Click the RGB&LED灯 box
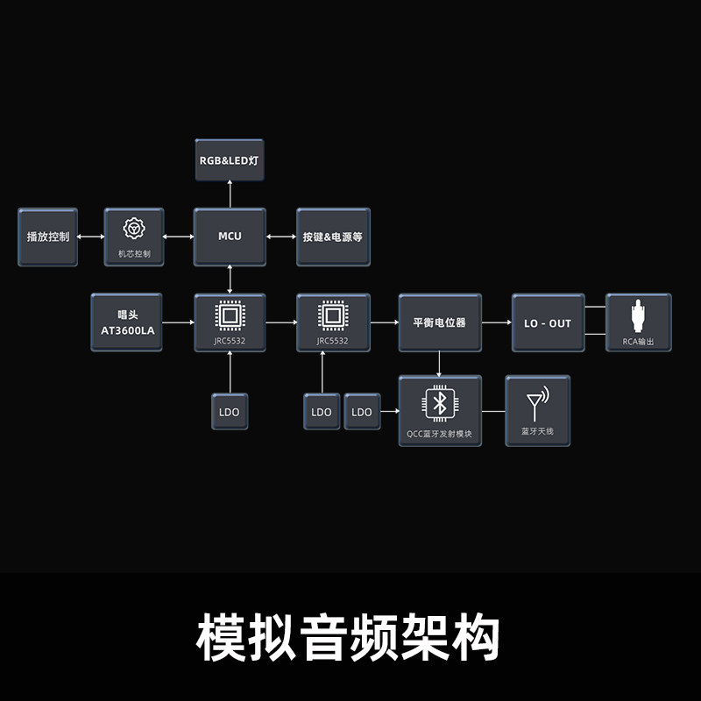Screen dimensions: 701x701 (x=230, y=160)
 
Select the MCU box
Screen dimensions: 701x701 (x=230, y=237)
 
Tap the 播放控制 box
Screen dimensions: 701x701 (x=47, y=237)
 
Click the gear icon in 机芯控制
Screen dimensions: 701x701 (x=134, y=230)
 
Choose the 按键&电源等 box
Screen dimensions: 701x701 (x=333, y=237)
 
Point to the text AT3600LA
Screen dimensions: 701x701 (x=127, y=330)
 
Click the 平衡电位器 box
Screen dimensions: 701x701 (x=439, y=322)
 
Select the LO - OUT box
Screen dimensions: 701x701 (x=548, y=323)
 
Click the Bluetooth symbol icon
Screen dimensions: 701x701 (x=439, y=403)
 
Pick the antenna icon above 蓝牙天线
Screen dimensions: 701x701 (x=536, y=404)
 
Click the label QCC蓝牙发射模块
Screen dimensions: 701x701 (x=439, y=431)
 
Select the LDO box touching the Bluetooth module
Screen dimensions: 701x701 (x=362, y=412)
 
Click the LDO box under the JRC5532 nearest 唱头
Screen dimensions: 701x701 (x=230, y=412)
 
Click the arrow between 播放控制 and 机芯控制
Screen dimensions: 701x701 (x=91, y=237)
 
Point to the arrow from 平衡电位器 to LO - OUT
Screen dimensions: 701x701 (x=497, y=323)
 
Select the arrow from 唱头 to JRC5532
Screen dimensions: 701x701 (x=179, y=323)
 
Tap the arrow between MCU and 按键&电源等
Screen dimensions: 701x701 (x=281, y=237)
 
